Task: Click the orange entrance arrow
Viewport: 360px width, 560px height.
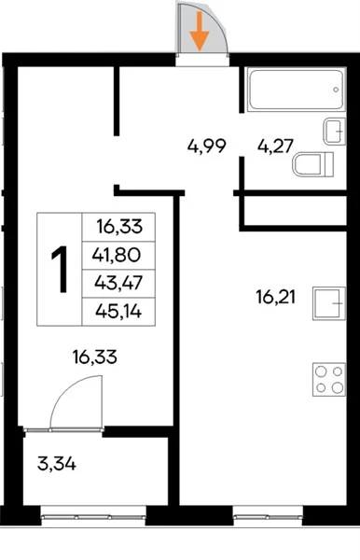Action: tap(199, 32)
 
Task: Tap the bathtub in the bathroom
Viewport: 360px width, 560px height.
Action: tap(297, 90)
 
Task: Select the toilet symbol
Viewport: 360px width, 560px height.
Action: tap(312, 164)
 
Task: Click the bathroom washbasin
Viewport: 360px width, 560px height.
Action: tap(335, 132)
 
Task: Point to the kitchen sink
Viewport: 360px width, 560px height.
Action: tap(329, 303)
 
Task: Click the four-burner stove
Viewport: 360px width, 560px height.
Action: tap(329, 379)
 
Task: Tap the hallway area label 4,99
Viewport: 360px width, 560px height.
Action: tap(207, 147)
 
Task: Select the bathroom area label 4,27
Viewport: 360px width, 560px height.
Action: tap(275, 147)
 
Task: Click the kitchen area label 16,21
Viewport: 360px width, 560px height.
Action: tap(275, 297)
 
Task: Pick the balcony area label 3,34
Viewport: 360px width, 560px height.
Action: tap(56, 465)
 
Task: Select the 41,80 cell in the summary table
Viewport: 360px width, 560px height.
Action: tap(117, 255)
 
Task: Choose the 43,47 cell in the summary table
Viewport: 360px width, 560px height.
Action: tap(118, 283)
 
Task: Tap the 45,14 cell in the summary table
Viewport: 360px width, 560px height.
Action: tap(118, 312)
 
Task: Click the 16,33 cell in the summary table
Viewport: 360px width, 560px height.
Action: tap(119, 227)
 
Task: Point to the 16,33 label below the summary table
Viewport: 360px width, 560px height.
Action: tap(94, 357)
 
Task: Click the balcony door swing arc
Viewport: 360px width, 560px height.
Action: tap(65, 389)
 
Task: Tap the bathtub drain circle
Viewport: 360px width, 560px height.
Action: tap(336, 90)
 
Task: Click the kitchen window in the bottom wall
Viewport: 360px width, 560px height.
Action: tap(268, 516)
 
